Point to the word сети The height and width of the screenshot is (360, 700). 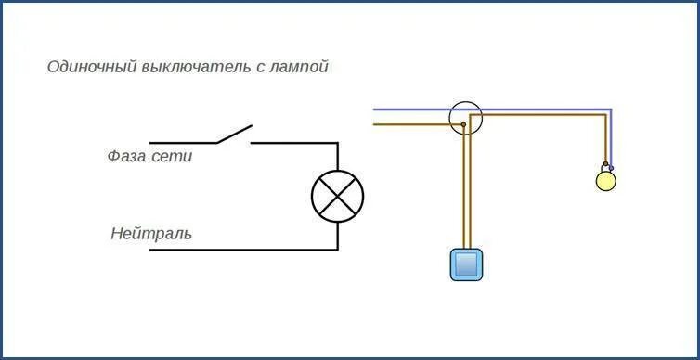(x=173, y=157)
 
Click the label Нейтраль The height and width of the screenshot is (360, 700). (x=151, y=234)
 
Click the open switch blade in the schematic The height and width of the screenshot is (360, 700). (x=233, y=135)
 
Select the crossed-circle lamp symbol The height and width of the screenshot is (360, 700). (x=337, y=196)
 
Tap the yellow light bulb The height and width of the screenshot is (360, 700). (x=605, y=180)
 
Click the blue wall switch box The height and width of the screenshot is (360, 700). (x=468, y=264)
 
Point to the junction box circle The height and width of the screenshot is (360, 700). (x=466, y=118)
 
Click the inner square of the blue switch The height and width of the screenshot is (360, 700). (x=468, y=264)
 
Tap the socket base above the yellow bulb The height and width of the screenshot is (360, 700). (x=606, y=165)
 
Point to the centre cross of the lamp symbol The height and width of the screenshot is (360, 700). (x=337, y=196)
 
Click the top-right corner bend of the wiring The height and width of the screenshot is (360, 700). (x=609, y=111)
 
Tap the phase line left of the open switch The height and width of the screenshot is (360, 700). (x=181, y=143)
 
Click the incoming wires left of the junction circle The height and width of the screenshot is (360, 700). (x=408, y=116)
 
